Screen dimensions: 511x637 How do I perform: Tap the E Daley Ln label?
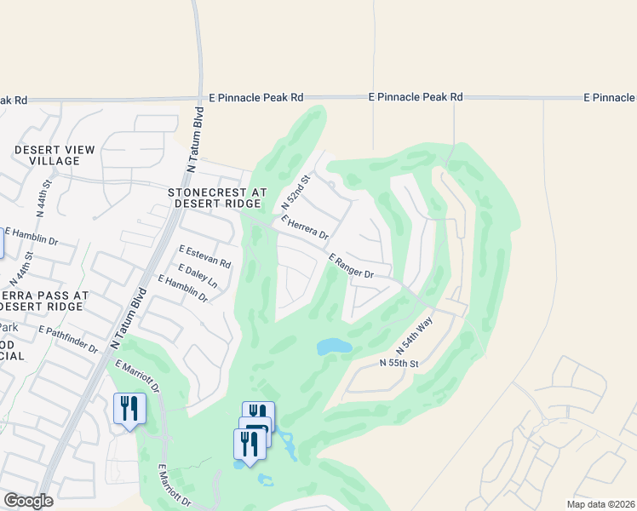tap(198, 273)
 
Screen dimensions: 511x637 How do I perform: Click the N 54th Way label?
tap(415, 336)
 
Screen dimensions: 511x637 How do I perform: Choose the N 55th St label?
tap(399, 364)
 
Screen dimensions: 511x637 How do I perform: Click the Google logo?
tap(28, 501)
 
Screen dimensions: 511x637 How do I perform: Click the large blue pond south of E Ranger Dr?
tap(334, 347)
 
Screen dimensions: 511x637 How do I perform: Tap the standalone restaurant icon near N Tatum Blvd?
tap(129, 409)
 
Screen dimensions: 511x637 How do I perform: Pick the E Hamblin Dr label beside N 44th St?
tap(36, 237)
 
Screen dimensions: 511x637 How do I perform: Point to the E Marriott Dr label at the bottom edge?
tap(175, 486)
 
